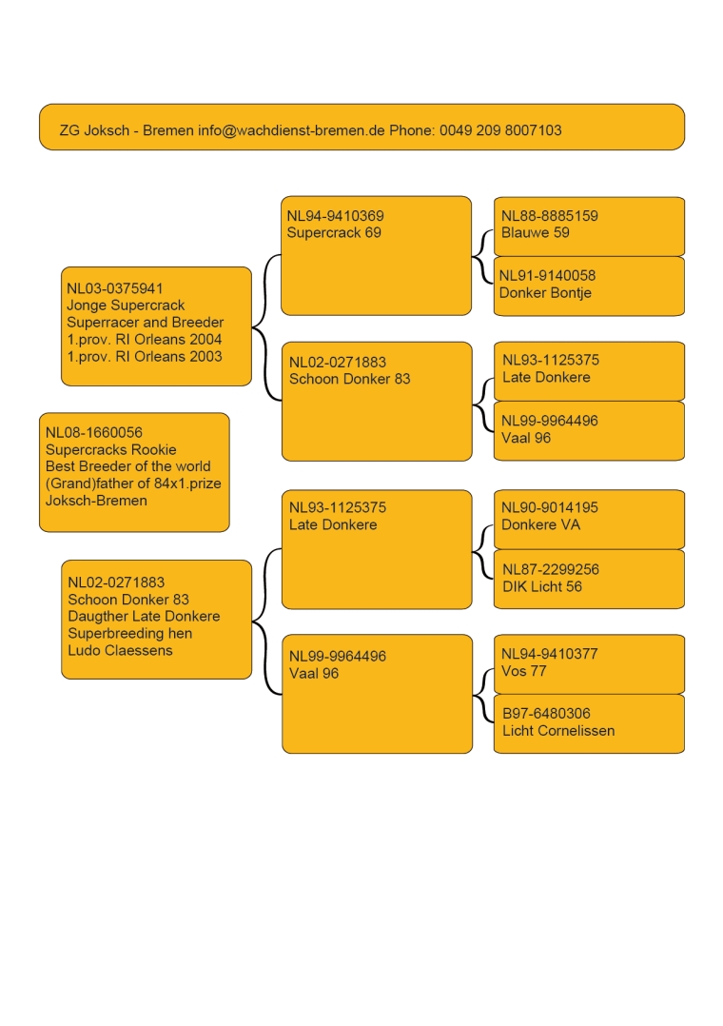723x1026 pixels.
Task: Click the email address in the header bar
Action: [x=291, y=130]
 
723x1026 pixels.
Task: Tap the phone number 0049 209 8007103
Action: [x=500, y=130]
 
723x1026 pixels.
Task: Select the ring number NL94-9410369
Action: [x=336, y=216]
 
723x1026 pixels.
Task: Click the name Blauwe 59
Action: [x=536, y=232]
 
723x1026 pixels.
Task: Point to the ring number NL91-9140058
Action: [x=548, y=275]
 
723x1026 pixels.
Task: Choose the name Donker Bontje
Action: [x=545, y=292]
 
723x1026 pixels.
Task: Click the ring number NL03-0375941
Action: [x=115, y=288]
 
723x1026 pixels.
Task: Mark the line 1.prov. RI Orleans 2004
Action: [x=145, y=340]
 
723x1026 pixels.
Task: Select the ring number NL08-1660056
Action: [x=94, y=432]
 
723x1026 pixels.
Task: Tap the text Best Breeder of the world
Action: [x=128, y=466]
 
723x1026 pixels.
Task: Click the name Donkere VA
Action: [x=540, y=524]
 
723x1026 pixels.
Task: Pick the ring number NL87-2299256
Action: [x=551, y=570]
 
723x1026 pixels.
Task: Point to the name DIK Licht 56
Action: [x=542, y=587]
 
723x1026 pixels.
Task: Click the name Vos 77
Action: [x=523, y=671]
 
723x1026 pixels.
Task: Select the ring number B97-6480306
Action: [x=546, y=714]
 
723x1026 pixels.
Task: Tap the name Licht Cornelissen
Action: [x=558, y=731]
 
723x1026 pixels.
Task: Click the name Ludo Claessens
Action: [x=121, y=650]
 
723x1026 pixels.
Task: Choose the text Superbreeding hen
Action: [x=130, y=634]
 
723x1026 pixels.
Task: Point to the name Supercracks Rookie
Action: [x=111, y=449]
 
